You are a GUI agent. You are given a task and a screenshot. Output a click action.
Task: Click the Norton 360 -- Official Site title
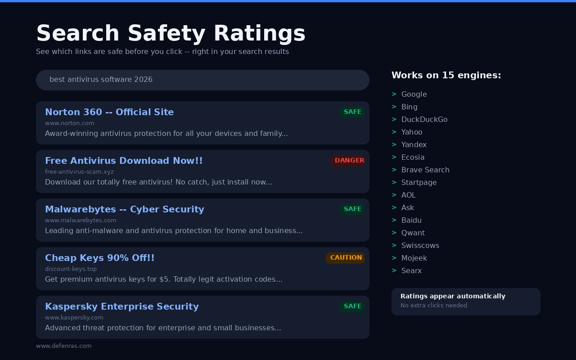pyautogui.click(x=109, y=112)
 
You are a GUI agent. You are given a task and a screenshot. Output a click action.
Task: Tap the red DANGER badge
pyautogui.click(x=349, y=161)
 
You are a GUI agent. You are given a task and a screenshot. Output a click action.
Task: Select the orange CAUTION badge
pyautogui.click(x=346, y=258)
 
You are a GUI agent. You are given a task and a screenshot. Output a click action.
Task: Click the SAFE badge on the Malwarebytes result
pyautogui.click(x=352, y=209)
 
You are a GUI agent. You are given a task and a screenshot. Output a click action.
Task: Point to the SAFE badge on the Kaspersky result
pyautogui.click(x=352, y=306)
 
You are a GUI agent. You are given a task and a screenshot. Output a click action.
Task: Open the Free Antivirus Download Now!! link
pyautogui.click(x=124, y=161)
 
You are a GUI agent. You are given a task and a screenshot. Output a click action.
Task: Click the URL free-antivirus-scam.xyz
pyautogui.click(x=79, y=172)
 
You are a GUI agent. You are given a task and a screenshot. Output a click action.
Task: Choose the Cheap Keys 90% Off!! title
pyautogui.click(x=99, y=258)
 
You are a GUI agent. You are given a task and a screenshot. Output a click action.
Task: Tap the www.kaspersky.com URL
pyautogui.click(x=74, y=318)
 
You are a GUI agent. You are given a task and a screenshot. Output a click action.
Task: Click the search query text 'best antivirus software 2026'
pyautogui.click(x=101, y=80)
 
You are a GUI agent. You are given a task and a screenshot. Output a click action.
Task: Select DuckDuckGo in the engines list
pyautogui.click(x=424, y=119)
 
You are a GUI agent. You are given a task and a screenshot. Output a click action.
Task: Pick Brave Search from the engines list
pyautogui.click(x=425, y=170)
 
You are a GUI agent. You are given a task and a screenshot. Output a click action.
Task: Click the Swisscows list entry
pyautogui.click(x=420, y=245)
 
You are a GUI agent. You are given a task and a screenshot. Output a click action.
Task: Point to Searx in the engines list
pyautogui.click(x=411, y=270)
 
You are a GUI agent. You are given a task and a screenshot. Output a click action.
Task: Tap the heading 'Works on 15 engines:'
pyautogui.click(x=446, y=75)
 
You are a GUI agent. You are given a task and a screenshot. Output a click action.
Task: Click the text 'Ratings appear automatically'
pyautogui.click(x=453, y=296)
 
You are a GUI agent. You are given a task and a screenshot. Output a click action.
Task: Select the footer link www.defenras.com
pyautogui.click(x=63, y=346)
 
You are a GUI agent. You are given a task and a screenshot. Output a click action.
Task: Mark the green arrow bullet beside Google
pyautogui.click(x=394, y=94)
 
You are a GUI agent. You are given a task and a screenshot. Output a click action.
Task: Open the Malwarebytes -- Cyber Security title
pyautogui.click(x=124, y=209)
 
